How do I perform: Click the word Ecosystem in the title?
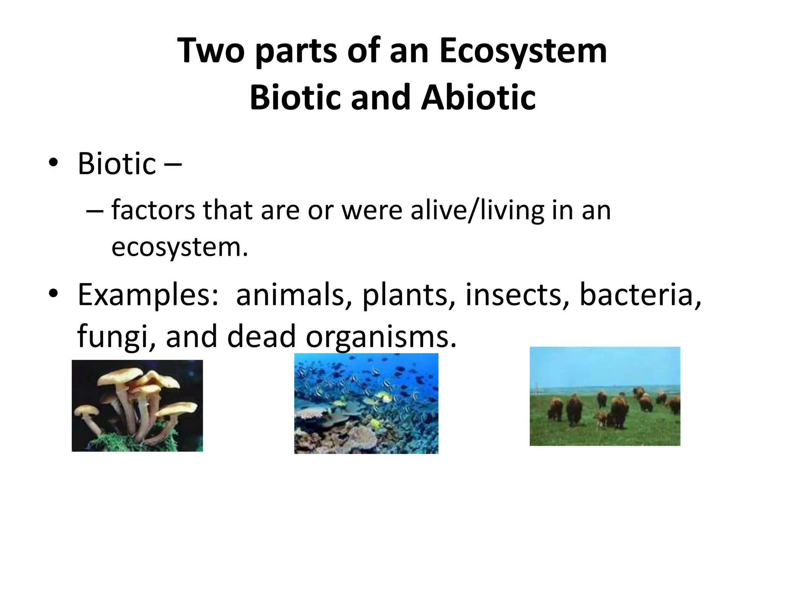[x=523, y=51]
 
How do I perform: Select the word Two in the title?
[x=211, y=51]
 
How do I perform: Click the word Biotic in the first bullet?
[x=117, y=164]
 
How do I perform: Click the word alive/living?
[x=477, y=211]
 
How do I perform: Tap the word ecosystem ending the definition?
[x=179, y=247]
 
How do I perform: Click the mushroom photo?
[x=137, y=405]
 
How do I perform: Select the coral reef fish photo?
[x=366, y=403]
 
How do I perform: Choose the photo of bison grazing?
[x=605, y=396]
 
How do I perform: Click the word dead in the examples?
[x=261, y=336]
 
